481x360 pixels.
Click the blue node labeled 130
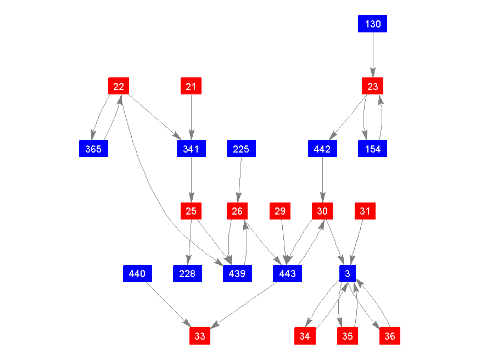click(x=372, y=24)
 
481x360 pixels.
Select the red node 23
click(x=372, y=86)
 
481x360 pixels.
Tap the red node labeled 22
click(x=119, y=86)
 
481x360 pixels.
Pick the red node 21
click(x=191, y=86)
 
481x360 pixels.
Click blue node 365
click(x=93, y=149)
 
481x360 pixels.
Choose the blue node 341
click(x=191, y=149)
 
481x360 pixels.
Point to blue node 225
click(x=241, y=149)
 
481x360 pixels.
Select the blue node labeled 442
click(x=322, y=149)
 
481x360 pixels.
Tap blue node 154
click(x=372, y=149)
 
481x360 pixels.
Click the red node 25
click(x=191, y=211)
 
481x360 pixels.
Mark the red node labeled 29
click(x=280, y=211)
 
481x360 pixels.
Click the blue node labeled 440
click(x=137, y=273)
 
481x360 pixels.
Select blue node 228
click(x=187, y=273)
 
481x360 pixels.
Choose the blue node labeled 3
click(x=348, y=273)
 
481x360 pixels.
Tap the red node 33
click(x=200, y=336)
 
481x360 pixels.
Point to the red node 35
click(x=348, y=336)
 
